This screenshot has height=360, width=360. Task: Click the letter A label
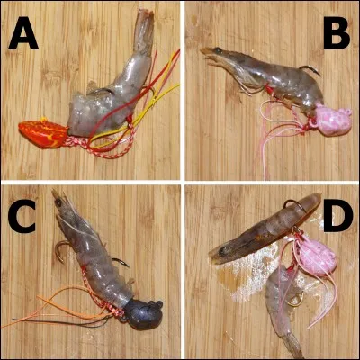(x=25, y=37)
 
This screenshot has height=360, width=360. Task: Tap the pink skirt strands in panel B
(x=270, y=135)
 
